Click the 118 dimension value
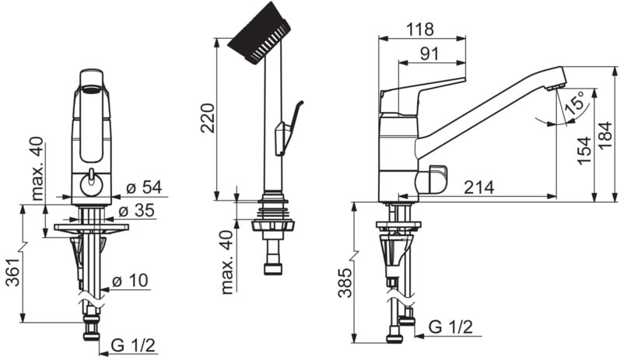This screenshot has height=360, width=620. coord(420,30)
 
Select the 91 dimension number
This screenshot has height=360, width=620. coord(429,54)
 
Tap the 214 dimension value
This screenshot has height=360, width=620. coord(479,187)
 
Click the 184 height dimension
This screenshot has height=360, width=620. coord(605,135)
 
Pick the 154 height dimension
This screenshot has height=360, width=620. coord(584,151)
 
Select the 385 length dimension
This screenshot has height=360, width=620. coord(345,282)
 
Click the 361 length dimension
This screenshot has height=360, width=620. coord(14,272)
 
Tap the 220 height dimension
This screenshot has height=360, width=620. coord(208,117)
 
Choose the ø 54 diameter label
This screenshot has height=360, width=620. coord(145,187)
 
